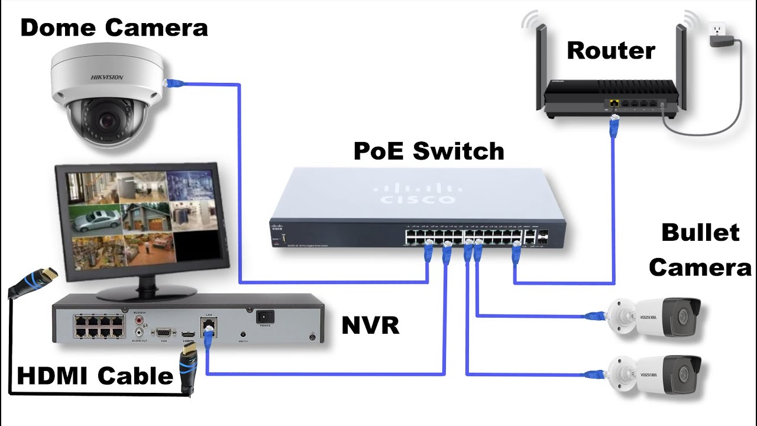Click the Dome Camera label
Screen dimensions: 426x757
click(x=114, y=28)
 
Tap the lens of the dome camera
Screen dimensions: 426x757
click(x=108, y=121)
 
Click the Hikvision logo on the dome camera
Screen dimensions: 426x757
click(x=106, y=77)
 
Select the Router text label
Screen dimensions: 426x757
click(x=611, y=51)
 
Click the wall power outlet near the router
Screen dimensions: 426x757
click(x=716, y=29)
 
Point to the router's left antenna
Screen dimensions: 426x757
click(x=539, y=65)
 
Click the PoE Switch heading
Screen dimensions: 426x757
click(x=429, y=151)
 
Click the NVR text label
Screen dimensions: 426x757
click(x=370, y=325)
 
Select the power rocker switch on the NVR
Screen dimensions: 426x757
click(x=264, y=317)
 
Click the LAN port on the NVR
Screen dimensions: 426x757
click(x=208, y=325)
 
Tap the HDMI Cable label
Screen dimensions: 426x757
click(x=95, y=376)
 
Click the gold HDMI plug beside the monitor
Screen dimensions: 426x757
click(x=50, y=275)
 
